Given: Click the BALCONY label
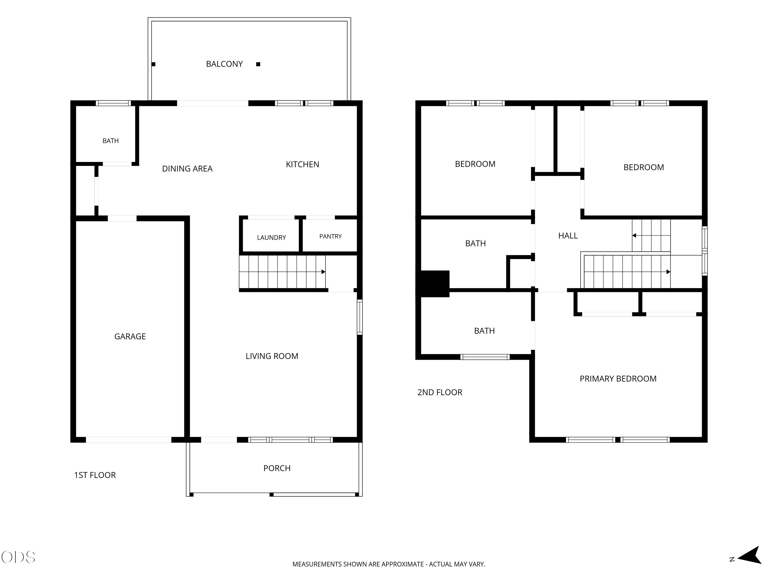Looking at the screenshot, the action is [224, 64].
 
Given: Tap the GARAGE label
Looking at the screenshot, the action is [130, 337].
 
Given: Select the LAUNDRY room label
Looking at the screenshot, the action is [272, 237].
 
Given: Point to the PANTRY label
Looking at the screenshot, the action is [330, 236].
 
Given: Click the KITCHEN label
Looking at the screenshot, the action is [302, 164].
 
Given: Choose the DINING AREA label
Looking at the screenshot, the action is [187, 169].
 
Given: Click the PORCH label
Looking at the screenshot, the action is [277, 468].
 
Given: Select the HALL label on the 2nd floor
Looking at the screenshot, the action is [568, 236].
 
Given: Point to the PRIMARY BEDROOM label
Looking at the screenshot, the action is [618, 379].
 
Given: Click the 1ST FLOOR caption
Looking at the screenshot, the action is [95, 475].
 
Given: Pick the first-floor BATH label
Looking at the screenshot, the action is [110, 141].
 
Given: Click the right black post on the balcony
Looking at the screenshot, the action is [258, 64].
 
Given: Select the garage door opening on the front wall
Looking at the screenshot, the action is [128, 440].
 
